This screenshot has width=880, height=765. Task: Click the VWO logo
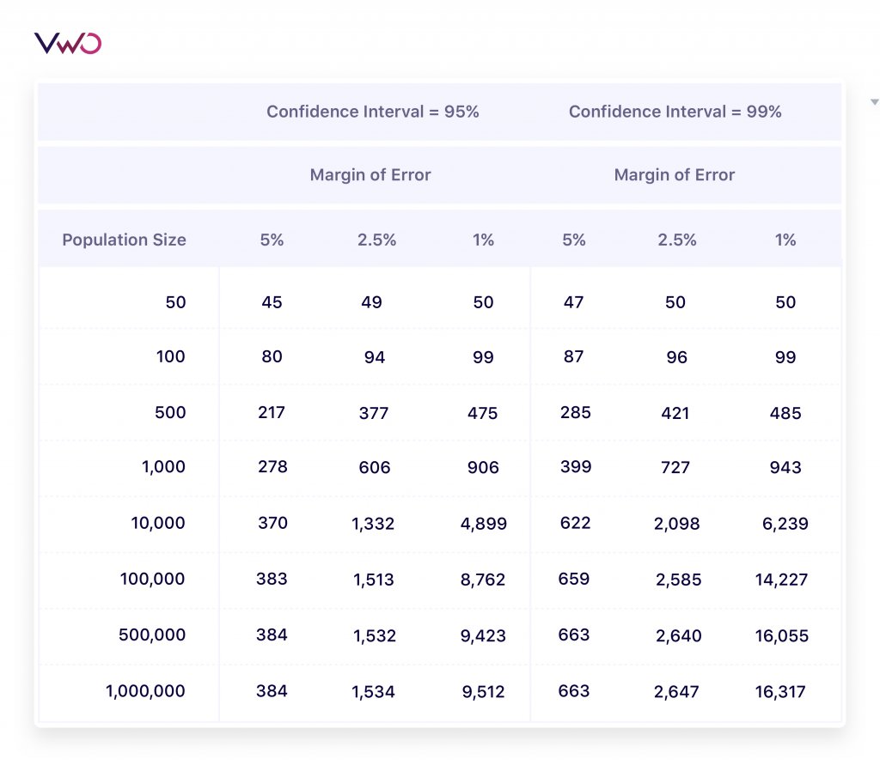click(68, 43)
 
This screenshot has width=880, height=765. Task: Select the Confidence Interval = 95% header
click(372, 112)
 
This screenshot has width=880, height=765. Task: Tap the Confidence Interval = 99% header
click(675, 112)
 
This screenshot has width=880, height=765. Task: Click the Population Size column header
click(124, 240)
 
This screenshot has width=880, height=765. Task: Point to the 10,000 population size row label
click(157, 523)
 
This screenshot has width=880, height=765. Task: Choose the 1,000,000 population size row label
click(145, 691)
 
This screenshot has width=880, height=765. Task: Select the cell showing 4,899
click(483, 524)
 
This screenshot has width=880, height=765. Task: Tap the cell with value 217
click(272, 412)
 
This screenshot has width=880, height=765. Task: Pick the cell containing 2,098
click(677, 524)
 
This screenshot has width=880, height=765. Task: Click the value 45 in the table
click(272, 302)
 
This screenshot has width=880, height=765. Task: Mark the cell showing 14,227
click(780, 580)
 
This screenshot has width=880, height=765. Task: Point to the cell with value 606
click(375, 468)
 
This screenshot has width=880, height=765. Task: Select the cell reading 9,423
click(483, 636)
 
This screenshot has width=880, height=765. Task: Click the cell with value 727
click(675, 468)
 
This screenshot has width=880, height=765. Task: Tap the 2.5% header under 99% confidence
click(677, 240)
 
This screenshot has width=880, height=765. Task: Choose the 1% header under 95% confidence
click(483, 240)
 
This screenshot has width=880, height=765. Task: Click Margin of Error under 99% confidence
click(674, 175)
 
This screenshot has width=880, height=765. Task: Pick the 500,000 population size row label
click(151, 635)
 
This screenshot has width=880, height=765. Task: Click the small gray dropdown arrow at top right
click(874, 102)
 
